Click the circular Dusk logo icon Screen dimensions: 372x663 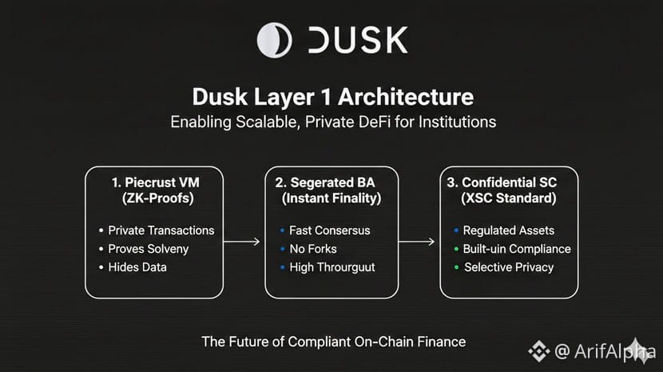[274, 40]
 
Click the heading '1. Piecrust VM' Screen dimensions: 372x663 [154, 182]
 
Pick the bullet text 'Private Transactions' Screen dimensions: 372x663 [161, 230]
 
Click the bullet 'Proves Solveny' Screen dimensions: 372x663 [149, 249]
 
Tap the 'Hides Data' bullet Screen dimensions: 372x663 [137, 267]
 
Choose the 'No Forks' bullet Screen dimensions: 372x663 [313, 249]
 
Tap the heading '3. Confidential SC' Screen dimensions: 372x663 [508, 182]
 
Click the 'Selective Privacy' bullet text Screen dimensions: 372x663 [509, 267]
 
